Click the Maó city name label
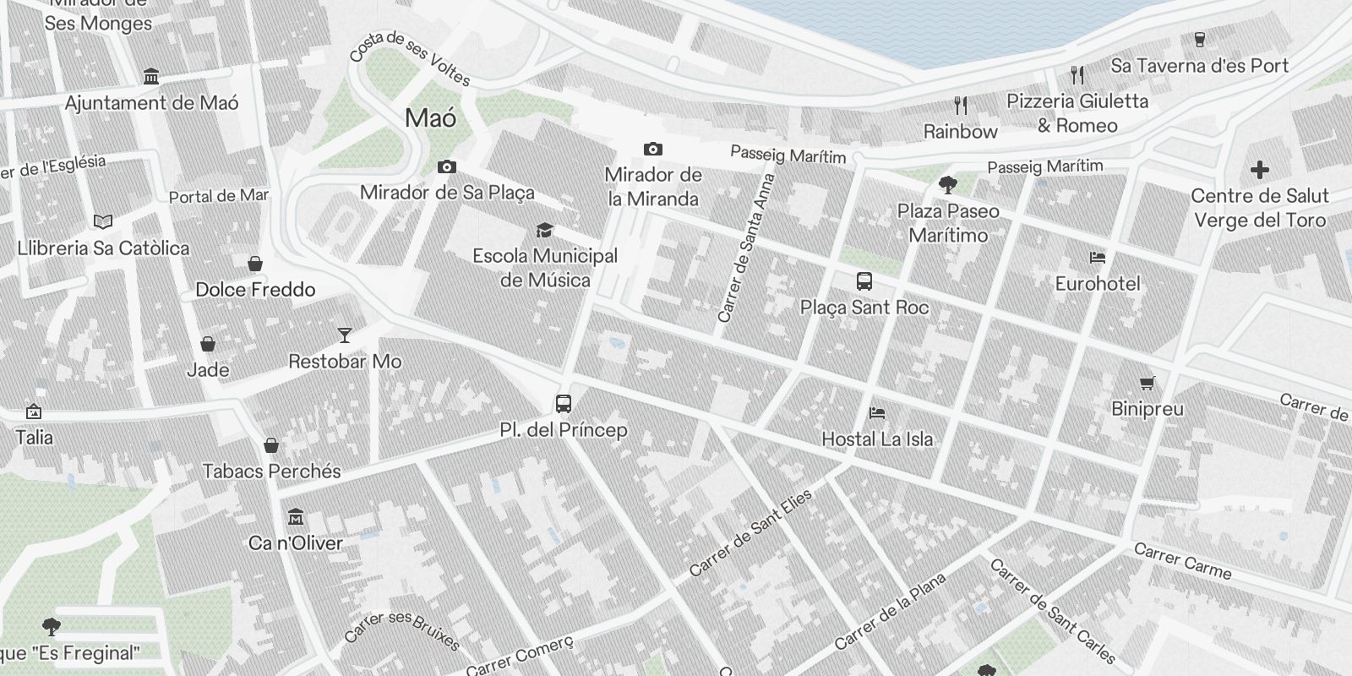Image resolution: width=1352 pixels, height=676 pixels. pos(431,117)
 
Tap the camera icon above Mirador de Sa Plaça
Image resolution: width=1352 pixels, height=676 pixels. pos(447,167)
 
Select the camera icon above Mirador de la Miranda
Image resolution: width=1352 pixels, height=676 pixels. pos(653,150)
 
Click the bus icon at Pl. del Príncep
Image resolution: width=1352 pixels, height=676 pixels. pos(564,404)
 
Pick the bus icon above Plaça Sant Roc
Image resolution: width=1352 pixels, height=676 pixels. pos(864,281)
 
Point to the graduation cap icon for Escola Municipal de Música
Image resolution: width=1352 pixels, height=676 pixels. pos(545,230)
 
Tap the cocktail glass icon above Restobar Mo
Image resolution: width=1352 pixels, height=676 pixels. pos(344,335)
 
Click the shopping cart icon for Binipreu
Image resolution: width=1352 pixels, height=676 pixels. pos(1148,384)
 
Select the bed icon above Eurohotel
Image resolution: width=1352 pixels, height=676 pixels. pos(1098,258)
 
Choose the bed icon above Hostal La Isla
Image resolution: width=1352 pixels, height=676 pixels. pos(877,413)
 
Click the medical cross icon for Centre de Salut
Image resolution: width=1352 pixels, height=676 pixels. pos(1260,170)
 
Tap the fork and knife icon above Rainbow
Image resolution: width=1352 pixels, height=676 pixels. pos(961,106)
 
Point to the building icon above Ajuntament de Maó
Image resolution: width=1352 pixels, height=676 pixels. pos(151,77)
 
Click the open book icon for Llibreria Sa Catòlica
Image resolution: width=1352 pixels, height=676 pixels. pos(103,222)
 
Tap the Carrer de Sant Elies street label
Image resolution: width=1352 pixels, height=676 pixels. pos(750,533)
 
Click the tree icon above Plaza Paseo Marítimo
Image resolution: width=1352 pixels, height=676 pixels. pos(948,185)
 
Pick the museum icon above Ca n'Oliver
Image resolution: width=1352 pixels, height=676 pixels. pos(296,516)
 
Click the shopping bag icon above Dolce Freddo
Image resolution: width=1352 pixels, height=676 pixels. pos(255,264)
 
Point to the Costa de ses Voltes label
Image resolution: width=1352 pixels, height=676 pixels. pos(410,58)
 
